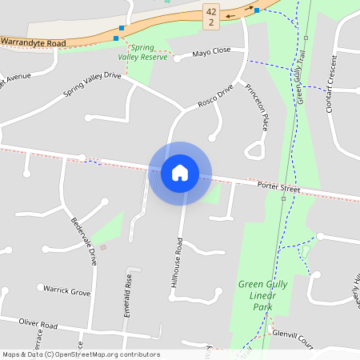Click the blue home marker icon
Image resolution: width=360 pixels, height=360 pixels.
[x=180, y=173]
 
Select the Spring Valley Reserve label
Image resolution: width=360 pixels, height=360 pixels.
[x=142, y=52]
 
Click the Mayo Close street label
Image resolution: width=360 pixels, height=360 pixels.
[x=211, y=52]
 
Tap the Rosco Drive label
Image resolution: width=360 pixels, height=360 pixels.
[x=215, y=97]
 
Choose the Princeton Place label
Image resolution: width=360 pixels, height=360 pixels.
[x=255, y=106]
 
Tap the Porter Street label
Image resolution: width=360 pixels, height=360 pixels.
[x=278, y=188]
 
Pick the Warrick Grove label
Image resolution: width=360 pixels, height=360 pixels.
[x=67, y=292]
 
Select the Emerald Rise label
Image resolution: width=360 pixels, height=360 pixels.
[x=127, y=297]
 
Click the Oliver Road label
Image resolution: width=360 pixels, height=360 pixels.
[x=39, y=324]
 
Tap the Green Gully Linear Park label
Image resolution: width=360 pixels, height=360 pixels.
[x=259, y=295]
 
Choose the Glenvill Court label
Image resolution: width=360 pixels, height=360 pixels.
[x=292, y=338]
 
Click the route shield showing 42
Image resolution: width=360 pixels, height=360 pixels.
[x=210, y=17]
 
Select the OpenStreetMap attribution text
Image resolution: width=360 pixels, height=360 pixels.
[x=80, y=354]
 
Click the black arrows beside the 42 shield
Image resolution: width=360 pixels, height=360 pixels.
[x=233, y=14]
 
